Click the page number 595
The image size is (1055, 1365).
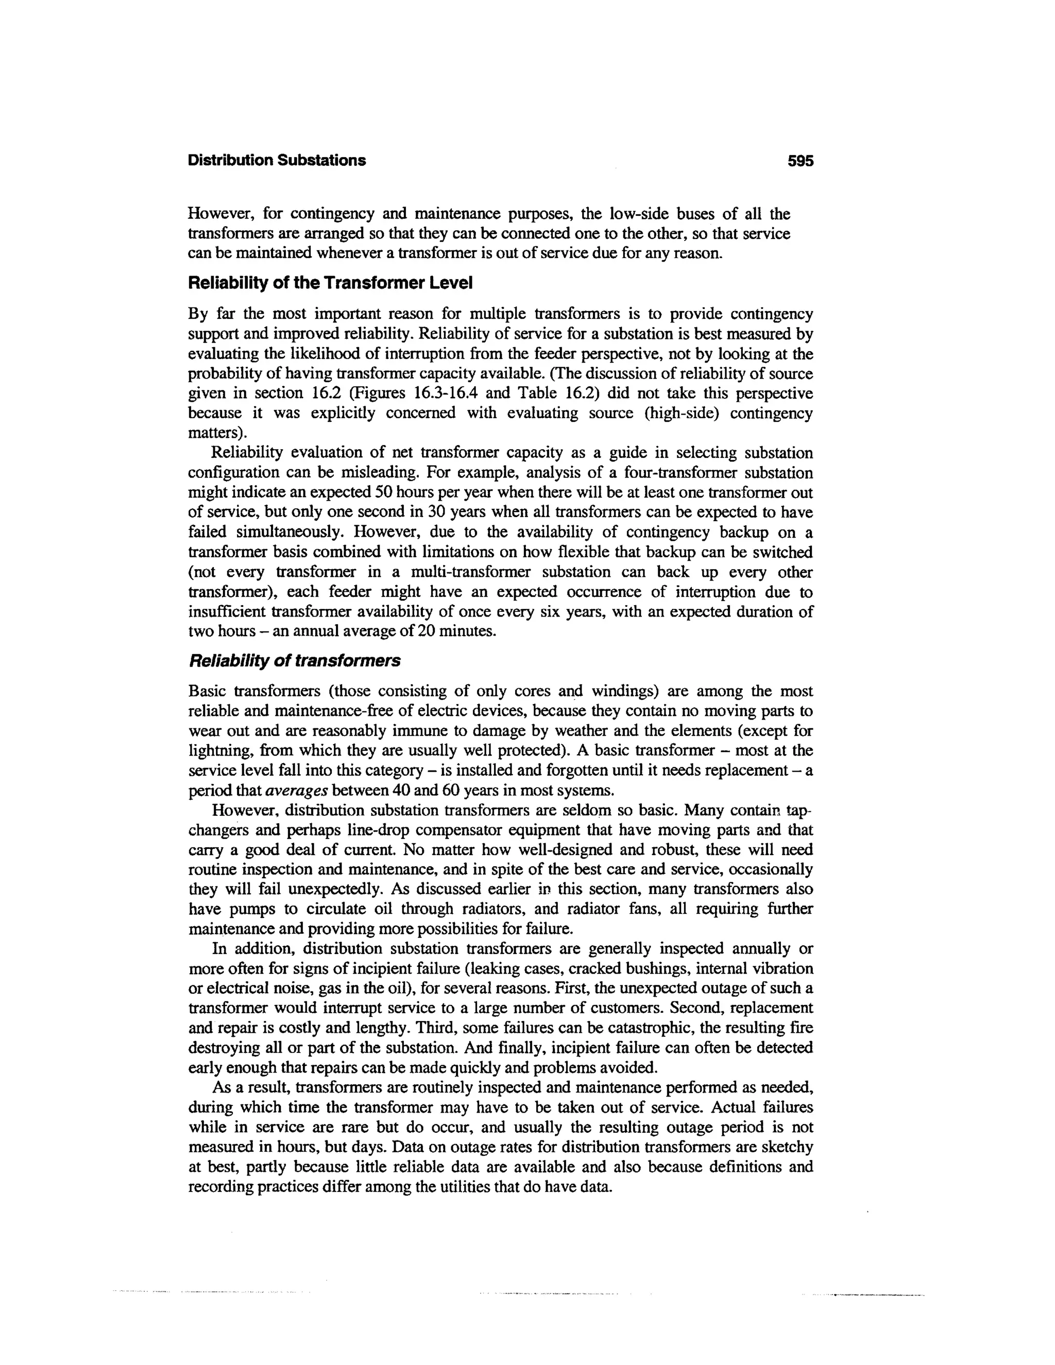pyautogui.click(x=801, y=161)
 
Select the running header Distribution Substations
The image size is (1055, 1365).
pyautogui.click(x=277, y=161)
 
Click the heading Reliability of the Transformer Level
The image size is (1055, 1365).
pyautogui.click(x=330, y=283)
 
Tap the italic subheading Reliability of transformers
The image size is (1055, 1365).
pyautogui.click(x=294, y=661)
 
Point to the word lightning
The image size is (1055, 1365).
pyautogui.click(x=214, y=751)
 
